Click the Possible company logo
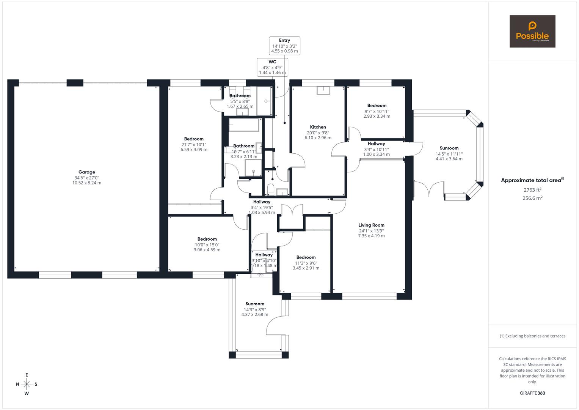point(532,32)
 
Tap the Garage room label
point(87,172)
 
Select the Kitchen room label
point(318,127)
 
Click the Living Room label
point(371,225)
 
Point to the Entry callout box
point(284,46)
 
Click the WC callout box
point(272,67)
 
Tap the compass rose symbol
point(27,384)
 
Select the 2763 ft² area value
point(532,190)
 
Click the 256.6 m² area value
point(532,198)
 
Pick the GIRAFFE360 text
point(532,393)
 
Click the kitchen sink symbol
point(323,90)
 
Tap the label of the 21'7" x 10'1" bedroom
point(194,139)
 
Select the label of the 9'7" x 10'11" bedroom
point(377,106)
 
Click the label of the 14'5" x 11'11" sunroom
point(449,148)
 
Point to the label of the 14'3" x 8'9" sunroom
point(254,304)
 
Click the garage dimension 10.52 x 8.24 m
point(87,183)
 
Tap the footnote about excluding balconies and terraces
point(532,336)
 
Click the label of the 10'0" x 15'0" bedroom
point(207,239)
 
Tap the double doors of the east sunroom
point(429,189)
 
